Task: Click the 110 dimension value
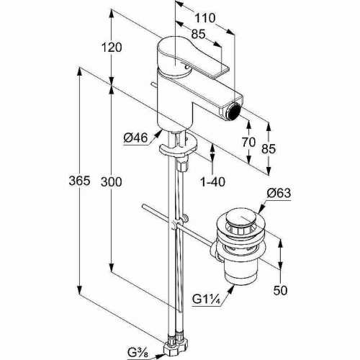[204, 18]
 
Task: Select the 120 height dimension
[112, 48]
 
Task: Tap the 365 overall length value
[79, 181]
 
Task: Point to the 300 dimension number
[112, 181]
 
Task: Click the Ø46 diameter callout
[135, 138]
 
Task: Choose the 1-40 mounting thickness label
[213, 182]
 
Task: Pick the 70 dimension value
[248, 143]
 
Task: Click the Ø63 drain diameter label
[279, 193]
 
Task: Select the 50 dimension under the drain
[280, 291]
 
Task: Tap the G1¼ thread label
[207, 300]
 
